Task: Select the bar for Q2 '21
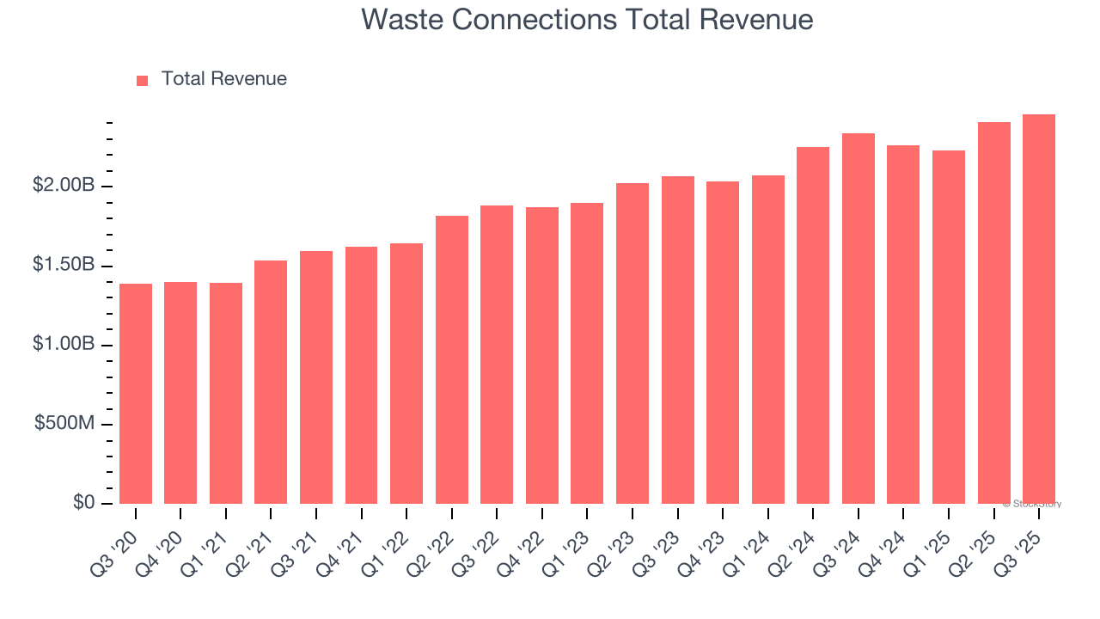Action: [x=271, y=382]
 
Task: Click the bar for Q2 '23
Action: [x=632, y=343]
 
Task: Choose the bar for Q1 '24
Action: [x=767, y=340]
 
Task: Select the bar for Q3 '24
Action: [x=858, y=318]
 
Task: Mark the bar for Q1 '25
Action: [x=948, y=327]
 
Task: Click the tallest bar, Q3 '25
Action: [x=1038, y=309]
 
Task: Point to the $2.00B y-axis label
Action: [x=64, y=186]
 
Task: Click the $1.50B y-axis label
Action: [x=64, y=265]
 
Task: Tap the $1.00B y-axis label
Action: [x=64, y=344]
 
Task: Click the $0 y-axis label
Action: [x=83, y=502]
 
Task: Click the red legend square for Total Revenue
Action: [x=143, y=80]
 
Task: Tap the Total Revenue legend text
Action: [x=223, y=79]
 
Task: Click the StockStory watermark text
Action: [x=1032, y=504]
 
